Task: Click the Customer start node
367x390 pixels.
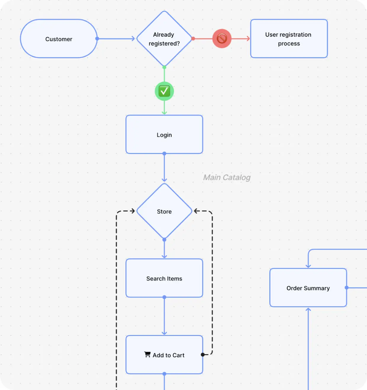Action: coord(59,39)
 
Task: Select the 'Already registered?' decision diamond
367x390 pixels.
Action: coord(164,39)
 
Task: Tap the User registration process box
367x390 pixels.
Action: coord(289,39)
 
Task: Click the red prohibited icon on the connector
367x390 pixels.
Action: coord(222,38)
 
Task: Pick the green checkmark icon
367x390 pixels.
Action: coord(164,91)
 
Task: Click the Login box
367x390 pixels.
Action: coord(164,134)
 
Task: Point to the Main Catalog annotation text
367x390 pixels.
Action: coord(227,177)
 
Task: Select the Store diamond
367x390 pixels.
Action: coord(164,211)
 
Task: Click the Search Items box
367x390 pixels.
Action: coord(164,278)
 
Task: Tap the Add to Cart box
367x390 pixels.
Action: coord(164,355)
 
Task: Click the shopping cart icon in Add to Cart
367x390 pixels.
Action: coord(147,355)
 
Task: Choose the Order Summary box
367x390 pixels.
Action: coord(308,288)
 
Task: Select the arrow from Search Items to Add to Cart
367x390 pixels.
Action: coord(164,316)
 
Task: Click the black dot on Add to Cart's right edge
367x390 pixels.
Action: coord(203,355)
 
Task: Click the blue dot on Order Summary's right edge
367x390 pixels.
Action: coord(347,287)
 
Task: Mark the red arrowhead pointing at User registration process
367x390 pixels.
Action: coord(248,39)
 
